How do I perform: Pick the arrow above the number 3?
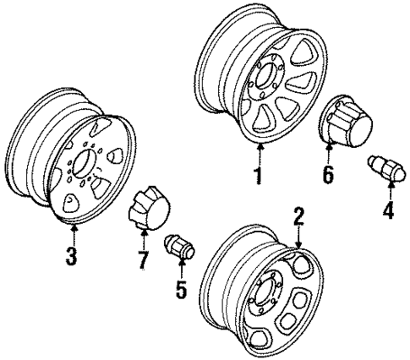pyautogui.click(x=74, y=232)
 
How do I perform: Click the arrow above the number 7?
pyautogui.click(x=143, y=242)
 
